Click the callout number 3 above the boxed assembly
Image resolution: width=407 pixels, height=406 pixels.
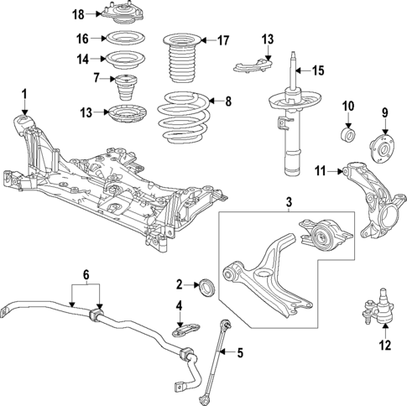pos(288,202)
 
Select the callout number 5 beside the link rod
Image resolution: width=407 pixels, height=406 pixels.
pos(240,352)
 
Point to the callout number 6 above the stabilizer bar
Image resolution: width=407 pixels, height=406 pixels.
pos(86,276)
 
